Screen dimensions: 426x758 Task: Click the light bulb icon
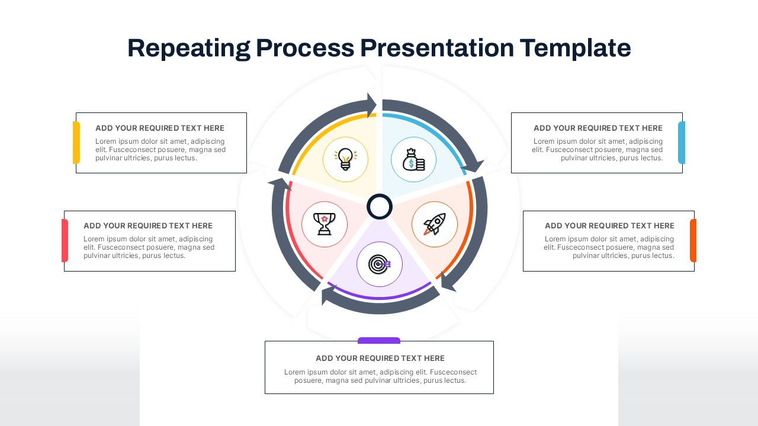point(345,159)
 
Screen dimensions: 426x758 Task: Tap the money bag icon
point(414,160)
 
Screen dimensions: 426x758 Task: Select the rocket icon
point(434,224)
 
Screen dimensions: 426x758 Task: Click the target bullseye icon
point(379,264)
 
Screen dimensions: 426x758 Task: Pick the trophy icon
point(324,224)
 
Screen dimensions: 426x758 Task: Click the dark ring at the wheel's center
point(380,207)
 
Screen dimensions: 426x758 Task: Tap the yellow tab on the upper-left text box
point(76,143)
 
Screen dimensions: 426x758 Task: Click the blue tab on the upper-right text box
point(682,143)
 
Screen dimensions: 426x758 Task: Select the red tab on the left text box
point(65,240)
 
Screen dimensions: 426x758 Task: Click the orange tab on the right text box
point(693,240)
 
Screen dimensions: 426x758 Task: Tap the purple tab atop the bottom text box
point(379,340)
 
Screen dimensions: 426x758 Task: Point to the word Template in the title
point(576,48)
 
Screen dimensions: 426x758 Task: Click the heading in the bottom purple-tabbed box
point(380,358)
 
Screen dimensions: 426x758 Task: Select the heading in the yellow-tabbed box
point(160,128)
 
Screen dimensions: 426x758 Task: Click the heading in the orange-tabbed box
point(609,225)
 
